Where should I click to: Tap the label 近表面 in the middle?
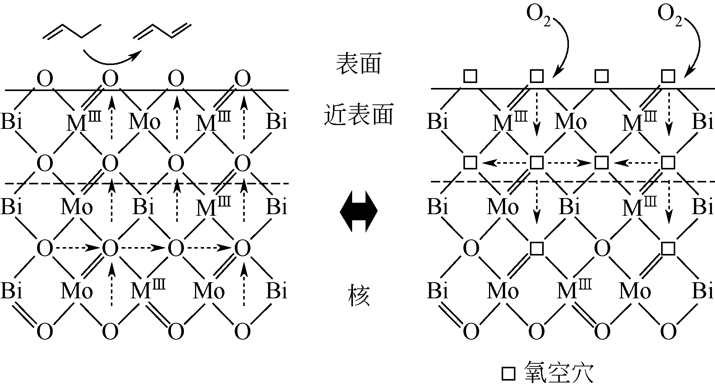point(358,115)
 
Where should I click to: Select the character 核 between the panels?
point(359,296)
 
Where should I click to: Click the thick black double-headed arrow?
point(359,211)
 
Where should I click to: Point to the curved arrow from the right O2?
point(696,46)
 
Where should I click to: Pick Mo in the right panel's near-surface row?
point(570,122)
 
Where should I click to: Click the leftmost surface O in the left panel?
point(45,80)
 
